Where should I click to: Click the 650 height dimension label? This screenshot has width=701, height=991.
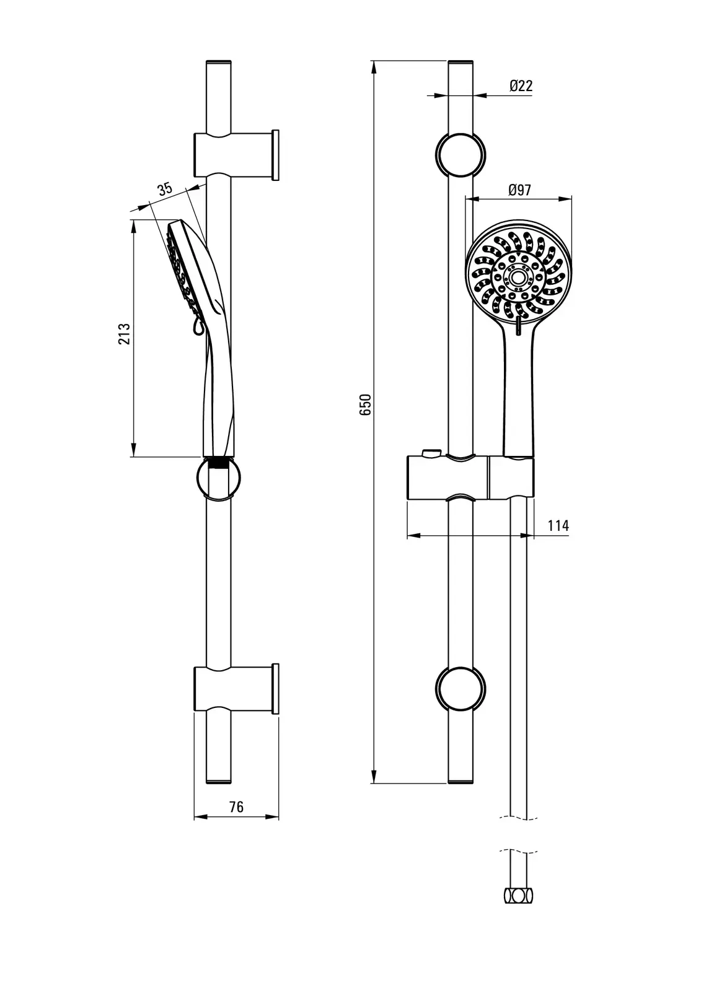[365, 404]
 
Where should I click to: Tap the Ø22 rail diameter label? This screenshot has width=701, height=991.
[521, 85]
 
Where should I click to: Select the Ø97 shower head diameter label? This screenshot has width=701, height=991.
[519, 190]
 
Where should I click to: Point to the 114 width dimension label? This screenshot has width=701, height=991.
[558, 526]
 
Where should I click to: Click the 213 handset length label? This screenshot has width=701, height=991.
[125, 334]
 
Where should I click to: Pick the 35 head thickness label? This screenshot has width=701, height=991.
[165, 190]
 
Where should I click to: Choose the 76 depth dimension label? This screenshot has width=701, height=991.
[237, 807]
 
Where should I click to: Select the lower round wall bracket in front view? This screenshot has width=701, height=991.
[461, 689]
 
